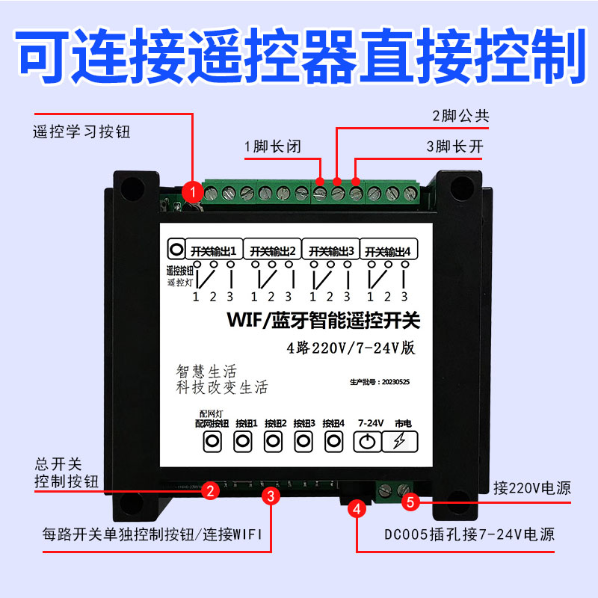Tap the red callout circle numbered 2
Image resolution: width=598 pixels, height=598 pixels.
coord(212,490)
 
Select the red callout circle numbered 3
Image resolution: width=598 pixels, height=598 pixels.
coord(271,495)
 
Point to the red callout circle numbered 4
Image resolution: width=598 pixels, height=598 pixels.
coord(357,510)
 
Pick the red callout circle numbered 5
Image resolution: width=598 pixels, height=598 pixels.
coord(410,502)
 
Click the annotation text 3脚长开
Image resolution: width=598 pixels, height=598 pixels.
coord(454,147)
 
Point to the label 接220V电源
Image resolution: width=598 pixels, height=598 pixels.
coord(532,489)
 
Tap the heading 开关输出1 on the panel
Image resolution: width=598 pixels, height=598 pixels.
coord(213,250)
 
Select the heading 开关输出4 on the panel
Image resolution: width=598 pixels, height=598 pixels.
coord(386,250)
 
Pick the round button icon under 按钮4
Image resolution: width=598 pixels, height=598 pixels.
coord(333,442)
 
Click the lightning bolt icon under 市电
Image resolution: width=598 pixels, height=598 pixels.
coord(400,443)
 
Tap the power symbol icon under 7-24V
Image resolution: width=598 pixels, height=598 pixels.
coord(367,443)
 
